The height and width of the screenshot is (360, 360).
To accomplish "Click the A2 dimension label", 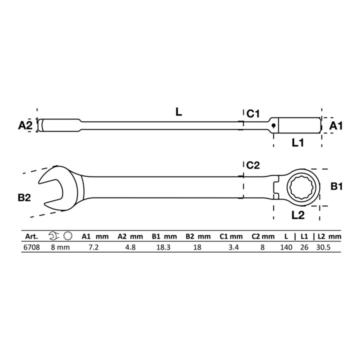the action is click(25, 125).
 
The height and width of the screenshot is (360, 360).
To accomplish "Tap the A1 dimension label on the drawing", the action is click(336, 125).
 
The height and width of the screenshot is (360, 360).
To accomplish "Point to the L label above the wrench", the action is click(178, 112).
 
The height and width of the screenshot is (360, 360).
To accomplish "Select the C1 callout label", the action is click(253, 113).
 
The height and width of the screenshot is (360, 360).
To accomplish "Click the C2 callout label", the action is click(253, 165).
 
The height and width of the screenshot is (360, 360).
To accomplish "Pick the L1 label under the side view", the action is click(298, 143).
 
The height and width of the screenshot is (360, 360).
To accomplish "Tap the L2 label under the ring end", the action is click(298, 215).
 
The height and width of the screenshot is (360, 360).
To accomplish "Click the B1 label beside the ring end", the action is click(336, 186).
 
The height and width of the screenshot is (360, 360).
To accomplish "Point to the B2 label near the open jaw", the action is click(24, 197).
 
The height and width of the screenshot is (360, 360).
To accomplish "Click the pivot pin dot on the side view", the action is click(273, 125).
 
